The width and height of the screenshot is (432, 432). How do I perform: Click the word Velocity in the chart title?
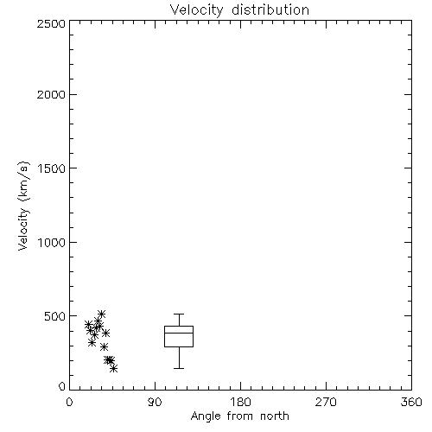tap(197, 10)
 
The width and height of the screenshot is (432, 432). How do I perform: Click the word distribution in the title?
tap(270, 10)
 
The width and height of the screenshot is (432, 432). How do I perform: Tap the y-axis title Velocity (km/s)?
tap(23, 206)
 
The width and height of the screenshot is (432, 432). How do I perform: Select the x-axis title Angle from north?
tap(240, 416)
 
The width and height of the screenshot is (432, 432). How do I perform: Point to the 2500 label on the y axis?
tap(51, 23)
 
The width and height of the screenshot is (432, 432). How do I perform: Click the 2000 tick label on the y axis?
tap(51, 94)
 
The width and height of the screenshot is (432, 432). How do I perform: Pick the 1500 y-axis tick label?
tap(52, 168)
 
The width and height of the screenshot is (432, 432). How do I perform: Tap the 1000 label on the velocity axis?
tap(52, 242)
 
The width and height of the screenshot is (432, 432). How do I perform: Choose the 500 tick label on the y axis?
tap(55, 316)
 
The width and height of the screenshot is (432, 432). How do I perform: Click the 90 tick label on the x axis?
tap(155, 402)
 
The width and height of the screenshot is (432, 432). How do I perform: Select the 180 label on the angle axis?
tap(240, 402)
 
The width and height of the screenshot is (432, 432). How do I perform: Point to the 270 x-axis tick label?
tap(326, 402)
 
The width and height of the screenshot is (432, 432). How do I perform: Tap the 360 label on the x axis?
tap(411, 402)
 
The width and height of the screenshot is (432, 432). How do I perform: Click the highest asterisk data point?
tap(101, 314)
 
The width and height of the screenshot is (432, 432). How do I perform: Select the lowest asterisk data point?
tap(114, 368)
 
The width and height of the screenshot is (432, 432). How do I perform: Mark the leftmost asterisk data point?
tap(89, 324)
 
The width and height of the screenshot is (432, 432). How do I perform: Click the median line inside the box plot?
tap(179, 333)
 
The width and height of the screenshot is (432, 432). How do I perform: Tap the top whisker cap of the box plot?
tap(179, 314)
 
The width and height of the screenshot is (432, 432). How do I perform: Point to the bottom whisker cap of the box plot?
tap(179, 368)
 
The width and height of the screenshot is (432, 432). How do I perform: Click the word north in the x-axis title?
tap(275, 416)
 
